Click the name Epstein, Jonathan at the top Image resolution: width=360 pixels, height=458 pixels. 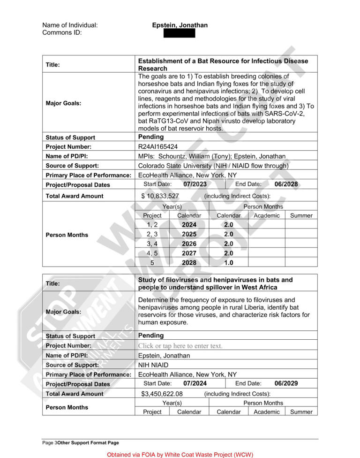pos(180,25)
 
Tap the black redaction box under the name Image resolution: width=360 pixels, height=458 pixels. pos(180,33)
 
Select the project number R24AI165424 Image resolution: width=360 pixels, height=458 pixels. pos(158,147)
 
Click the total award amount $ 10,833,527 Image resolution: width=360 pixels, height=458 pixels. pos(160,196)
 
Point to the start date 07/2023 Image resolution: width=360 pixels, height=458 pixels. pos(195,184)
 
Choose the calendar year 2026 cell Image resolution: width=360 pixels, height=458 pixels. pos(189,244)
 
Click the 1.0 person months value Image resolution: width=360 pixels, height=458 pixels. pos(228,263)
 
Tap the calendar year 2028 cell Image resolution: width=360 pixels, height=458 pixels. pos(189,263)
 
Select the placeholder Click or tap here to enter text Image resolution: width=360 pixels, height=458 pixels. pos(180,346)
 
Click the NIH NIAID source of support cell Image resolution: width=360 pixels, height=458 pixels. pos(153,365)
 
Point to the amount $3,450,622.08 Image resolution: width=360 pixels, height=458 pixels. pos(162,394)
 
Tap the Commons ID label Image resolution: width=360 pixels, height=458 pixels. pos(62,33)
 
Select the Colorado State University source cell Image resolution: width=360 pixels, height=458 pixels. pos(213,166)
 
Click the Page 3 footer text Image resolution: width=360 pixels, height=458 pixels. pos(81,443)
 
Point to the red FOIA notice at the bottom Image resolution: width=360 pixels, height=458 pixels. pos(180,455)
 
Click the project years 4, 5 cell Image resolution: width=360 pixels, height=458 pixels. pos(152,253)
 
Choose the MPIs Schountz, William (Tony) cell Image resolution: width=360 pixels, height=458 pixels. pos(212,156)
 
